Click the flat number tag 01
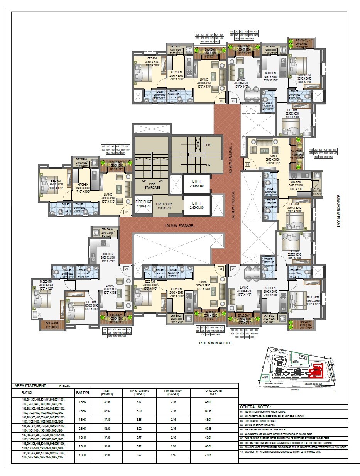[x=221, y=101]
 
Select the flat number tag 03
[x=247, y=164]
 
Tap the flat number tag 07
[x=126, y=212]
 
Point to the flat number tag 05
[x=221, y=268]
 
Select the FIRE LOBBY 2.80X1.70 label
[x=164, y=206]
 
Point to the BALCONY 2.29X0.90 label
[x=52, y=324]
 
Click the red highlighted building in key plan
[x=318, y=370]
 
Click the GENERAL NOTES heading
[x=255, y=407]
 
